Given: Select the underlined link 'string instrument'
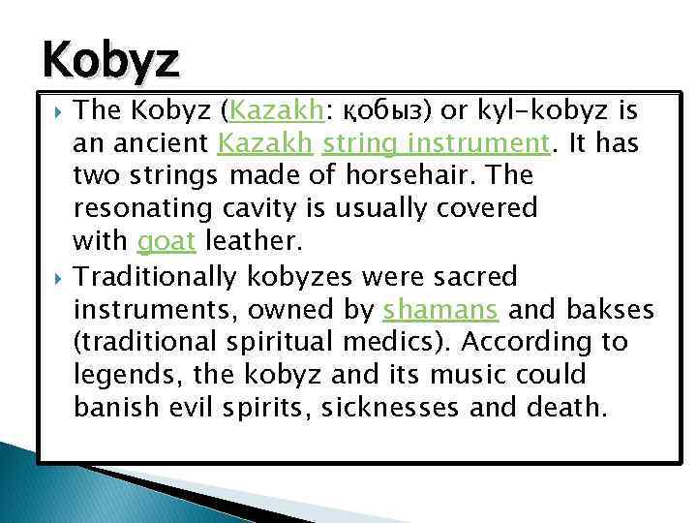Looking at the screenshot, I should coord(437,144).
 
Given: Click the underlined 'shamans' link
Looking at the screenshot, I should coord(441,309).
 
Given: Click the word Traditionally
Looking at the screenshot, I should coord(155,277).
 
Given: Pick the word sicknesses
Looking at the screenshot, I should coord(404,408).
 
